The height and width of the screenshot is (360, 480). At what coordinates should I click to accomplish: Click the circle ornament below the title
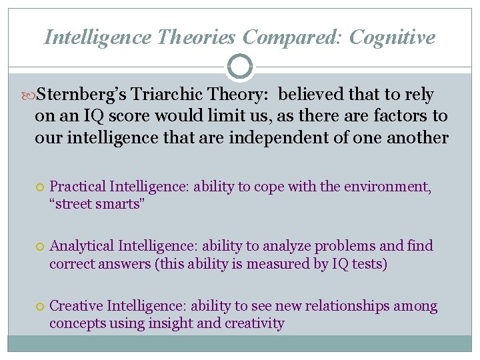[x=239, y=67]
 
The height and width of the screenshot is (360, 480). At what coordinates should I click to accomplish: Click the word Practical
[x=78, y=187]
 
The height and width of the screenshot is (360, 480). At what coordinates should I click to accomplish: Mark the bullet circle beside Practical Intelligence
[x=41, y=188]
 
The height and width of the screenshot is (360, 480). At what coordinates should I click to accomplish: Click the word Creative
[x=76, y=307]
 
